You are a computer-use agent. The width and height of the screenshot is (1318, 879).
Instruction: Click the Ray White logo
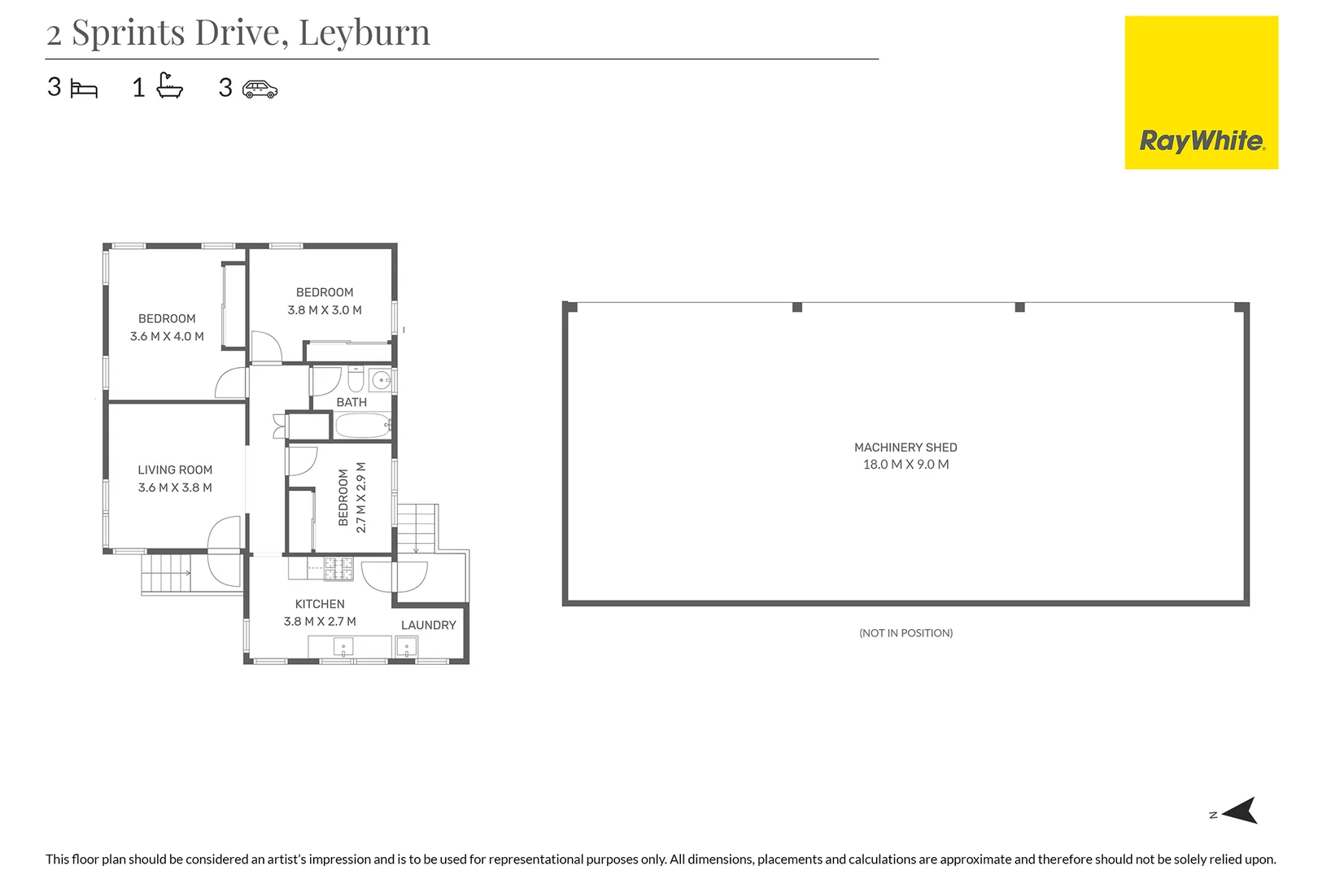(x=1201, y=93)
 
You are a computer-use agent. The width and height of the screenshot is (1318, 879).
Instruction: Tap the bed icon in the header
(x=84, y=89)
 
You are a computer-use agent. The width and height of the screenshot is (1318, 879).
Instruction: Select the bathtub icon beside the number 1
(x=170, y=85)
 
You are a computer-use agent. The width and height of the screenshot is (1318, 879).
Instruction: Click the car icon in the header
(x=260, y=89)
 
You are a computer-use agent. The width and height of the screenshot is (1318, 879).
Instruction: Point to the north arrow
(x=1239, y=811)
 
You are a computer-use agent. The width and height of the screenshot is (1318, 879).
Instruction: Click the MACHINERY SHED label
(x=906, y=447)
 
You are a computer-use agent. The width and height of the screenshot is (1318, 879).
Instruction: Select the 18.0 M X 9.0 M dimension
(x=906, y=465)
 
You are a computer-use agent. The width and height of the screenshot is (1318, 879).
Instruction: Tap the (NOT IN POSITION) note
(x=906, y=632)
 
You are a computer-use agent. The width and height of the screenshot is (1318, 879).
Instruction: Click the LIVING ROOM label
(x=175, y=470)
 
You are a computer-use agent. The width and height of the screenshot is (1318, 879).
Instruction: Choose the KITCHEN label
(x=320, y=604)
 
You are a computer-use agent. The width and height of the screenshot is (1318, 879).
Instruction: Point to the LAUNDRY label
(x=428, y=625)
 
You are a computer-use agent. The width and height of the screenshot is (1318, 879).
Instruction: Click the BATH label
(x=351, y=402)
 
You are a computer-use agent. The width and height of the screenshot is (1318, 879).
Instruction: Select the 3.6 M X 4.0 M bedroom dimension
(x=167, y=336)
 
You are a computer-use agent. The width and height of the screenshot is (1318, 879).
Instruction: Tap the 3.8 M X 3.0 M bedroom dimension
(x=325, y=310)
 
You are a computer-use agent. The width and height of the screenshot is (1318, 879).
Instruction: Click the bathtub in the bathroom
(x=363, y=426)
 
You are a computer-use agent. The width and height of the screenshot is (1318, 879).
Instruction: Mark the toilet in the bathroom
(x=356, y=380)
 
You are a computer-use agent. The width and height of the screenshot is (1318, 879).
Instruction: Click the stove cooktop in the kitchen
(x=338, y=568)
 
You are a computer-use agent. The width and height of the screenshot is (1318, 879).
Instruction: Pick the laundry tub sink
(x=406, y=647)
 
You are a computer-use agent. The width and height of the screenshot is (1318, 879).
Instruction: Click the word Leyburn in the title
(x=364, y=33)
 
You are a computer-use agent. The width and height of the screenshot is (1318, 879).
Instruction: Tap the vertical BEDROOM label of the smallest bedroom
(x=343, y=497)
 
